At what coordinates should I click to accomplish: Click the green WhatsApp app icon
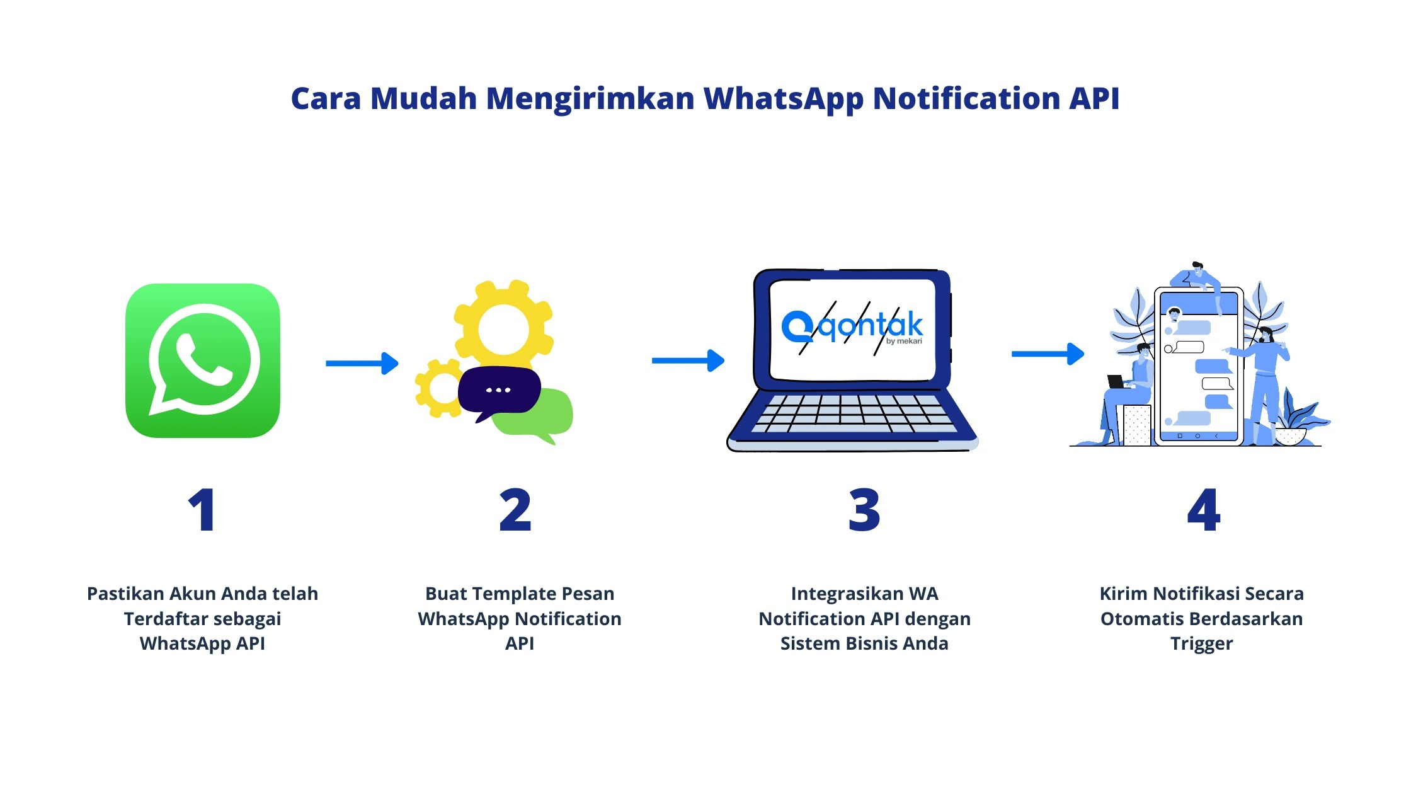(x=203, y=360)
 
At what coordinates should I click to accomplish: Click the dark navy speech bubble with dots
(x=499, y=391)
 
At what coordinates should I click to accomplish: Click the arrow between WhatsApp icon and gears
(x=362, y=363)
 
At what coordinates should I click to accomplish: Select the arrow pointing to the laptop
(x=688, y=360)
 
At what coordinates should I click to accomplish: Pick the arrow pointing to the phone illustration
(x=1048, y=354)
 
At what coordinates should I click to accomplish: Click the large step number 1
(x=202, y=510)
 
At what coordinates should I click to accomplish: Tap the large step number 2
(x=515, y=510)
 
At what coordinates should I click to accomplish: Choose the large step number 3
(x=864, y=510)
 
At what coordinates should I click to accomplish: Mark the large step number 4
(x=1203, y=510)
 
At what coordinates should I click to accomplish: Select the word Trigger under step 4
(x=1201, y=643)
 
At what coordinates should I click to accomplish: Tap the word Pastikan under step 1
(x=125, y=594)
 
